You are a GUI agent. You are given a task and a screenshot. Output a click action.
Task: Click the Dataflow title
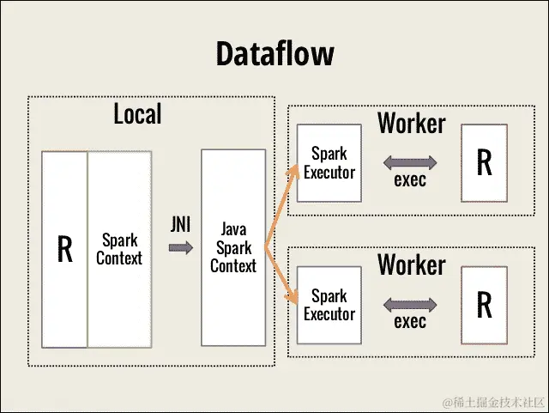[274, 55]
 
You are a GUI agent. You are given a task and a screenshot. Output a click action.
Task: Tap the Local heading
[137, 113]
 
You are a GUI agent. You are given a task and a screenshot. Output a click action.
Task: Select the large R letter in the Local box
[64, 248]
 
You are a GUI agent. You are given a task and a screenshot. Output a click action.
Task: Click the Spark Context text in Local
[119, 248]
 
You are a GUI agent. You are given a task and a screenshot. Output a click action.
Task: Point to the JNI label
[179, 225]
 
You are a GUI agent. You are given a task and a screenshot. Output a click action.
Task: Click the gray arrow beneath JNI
[180, 248]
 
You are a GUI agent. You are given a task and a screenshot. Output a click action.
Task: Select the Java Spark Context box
[233, 247]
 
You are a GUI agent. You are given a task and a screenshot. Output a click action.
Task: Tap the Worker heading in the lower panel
[412, 264]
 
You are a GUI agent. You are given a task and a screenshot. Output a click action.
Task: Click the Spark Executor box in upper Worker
[329, 163]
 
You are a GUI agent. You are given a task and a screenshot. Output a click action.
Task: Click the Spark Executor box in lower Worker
[329, 305]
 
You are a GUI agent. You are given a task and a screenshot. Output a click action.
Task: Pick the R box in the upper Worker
[484, 163]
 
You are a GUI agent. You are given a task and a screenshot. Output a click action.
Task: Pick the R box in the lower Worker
[484, 305]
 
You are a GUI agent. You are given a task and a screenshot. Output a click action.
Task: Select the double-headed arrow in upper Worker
[410, 161]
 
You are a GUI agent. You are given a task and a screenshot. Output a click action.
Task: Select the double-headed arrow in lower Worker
[410, 303]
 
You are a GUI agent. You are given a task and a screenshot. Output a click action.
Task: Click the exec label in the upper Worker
[410, 180]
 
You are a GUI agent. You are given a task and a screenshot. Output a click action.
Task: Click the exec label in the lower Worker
[410, 322]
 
